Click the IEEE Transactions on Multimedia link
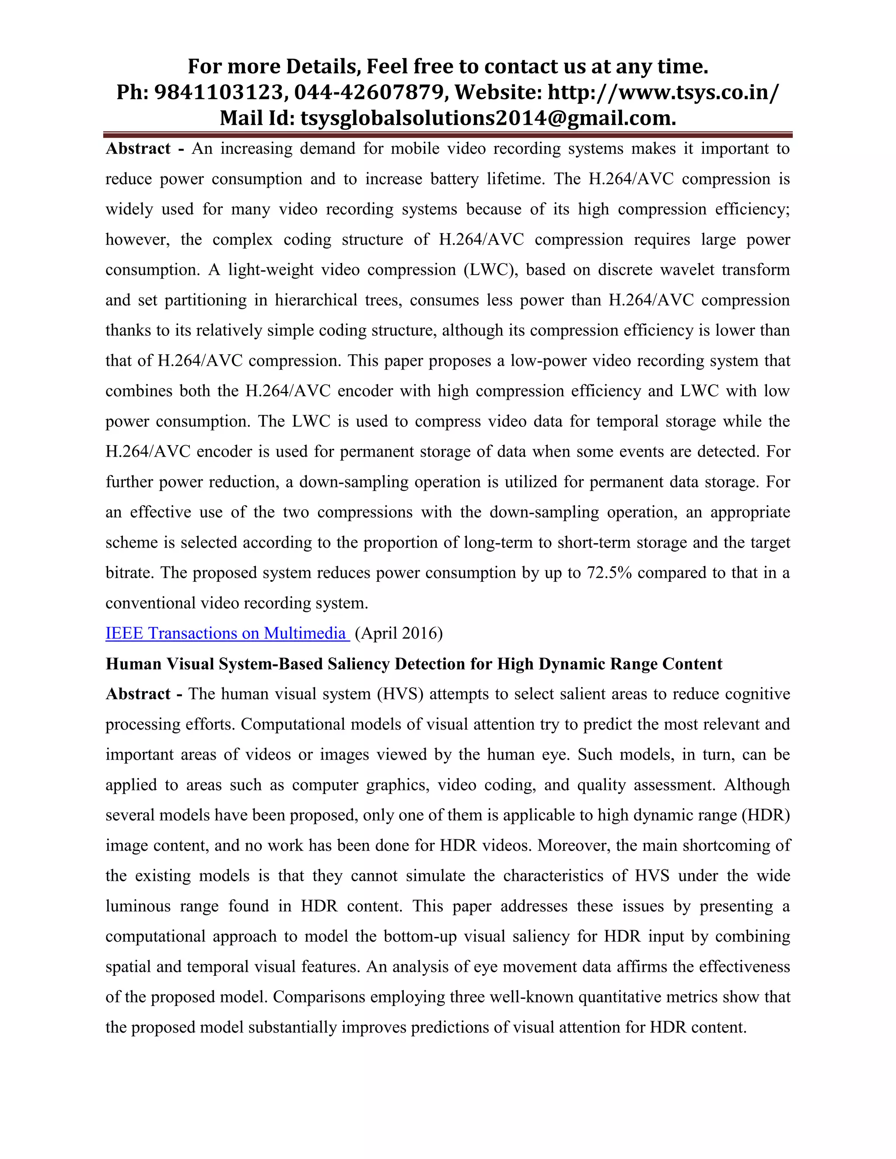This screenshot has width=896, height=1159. (227, 633)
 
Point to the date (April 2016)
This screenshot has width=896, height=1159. (399, 633)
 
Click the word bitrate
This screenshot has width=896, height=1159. (129, 573)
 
